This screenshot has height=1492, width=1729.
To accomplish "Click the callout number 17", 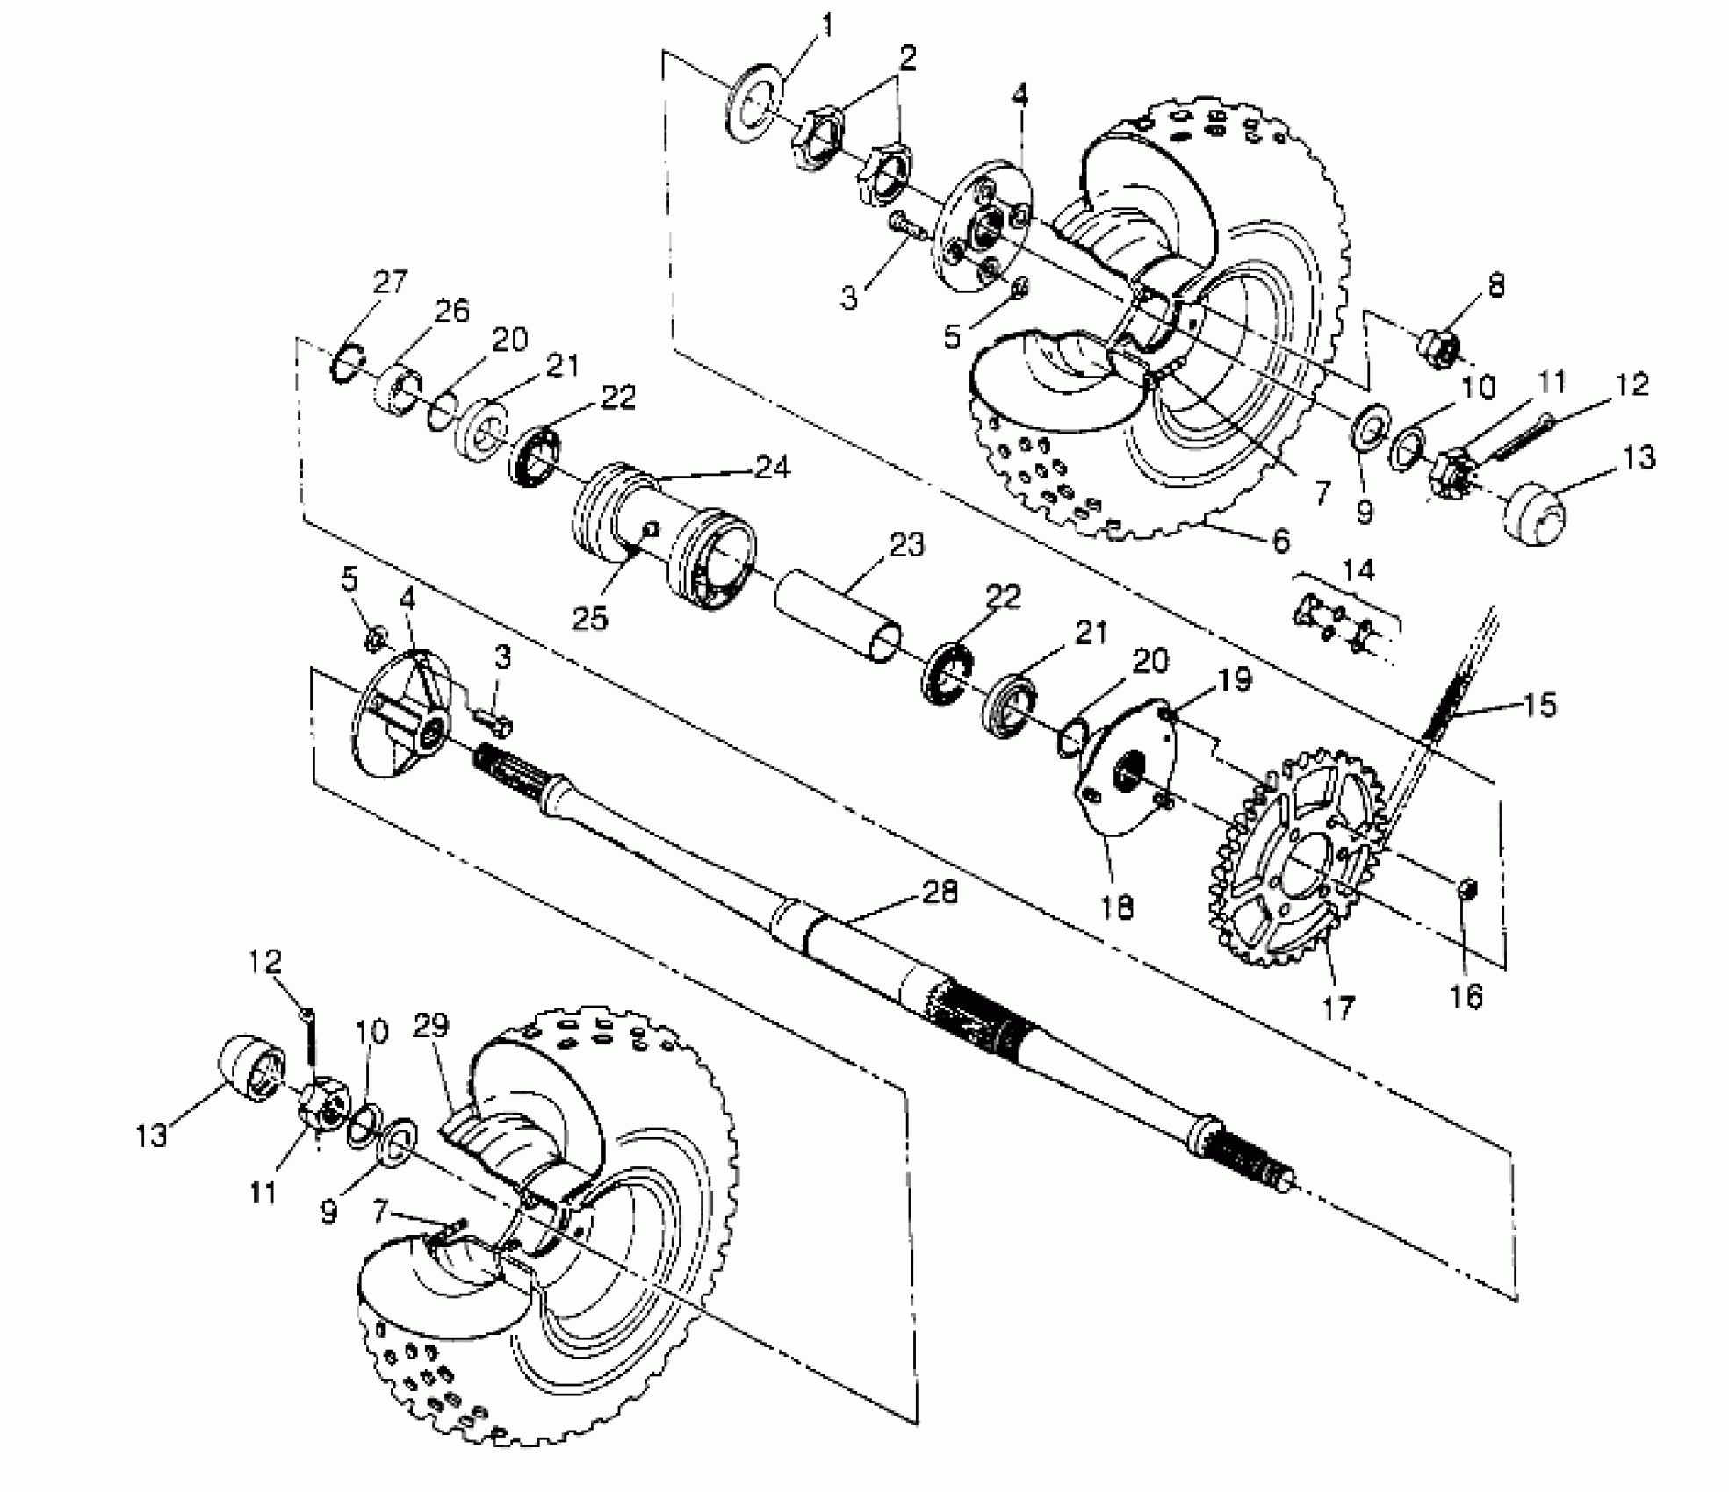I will (x=1339, y=1007).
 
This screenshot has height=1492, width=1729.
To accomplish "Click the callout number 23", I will (x=907, y=545).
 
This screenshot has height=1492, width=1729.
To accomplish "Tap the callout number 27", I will (x=390, y=283).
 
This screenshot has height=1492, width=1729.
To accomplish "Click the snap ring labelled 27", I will (x=348, y=363).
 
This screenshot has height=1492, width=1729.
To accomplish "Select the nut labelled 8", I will (x=1438, y=344).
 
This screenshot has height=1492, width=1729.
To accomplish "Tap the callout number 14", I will (x=1358, y=570).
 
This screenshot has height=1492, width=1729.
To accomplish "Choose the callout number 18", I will (x=1118, y=907).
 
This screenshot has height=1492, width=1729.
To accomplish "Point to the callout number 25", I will (x=590, y=618).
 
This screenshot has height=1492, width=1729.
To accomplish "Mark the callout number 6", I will (x=1281, y=542).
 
